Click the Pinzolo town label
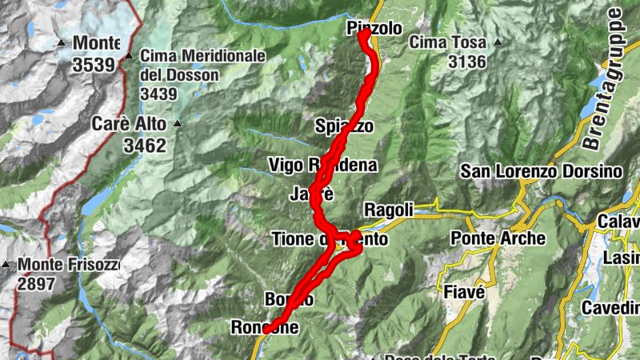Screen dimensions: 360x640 coord(375,28)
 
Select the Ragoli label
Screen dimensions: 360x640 coord(389,210)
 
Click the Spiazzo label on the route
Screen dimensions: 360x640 coord(344,126)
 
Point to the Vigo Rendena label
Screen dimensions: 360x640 coord(322,166)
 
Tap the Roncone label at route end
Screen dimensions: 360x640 coord(265,327)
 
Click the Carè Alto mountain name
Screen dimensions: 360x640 coord(129,124)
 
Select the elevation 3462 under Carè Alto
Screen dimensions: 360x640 coord(144,145)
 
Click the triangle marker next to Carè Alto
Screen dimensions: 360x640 coord(178,124)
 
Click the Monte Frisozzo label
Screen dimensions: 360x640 coord(69,264)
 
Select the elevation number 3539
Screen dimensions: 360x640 coord(94,64)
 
